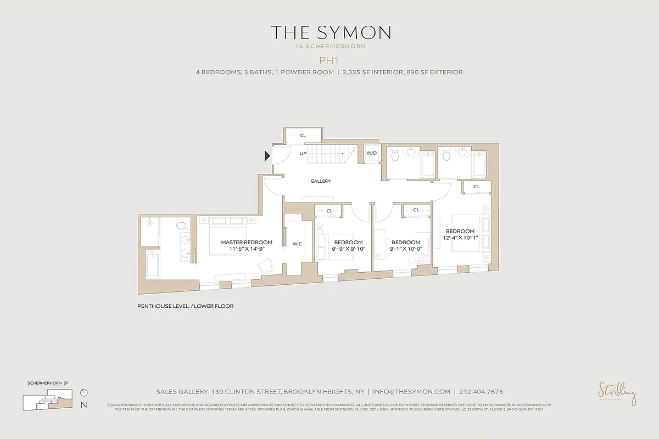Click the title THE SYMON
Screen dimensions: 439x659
tap(331, 32)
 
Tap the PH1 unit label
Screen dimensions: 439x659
tap(330, 60)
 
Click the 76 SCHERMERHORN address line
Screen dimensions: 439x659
tap(330, 47)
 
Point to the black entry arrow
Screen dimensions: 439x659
tap(267, 156)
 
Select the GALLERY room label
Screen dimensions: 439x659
tap(320, 181)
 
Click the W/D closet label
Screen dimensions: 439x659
tap(372, 153)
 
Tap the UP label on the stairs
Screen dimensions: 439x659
tap(303, 154)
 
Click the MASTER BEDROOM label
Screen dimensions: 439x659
tap(247, 242)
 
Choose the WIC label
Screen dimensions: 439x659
tap(298, 244)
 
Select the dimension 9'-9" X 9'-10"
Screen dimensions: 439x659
tap(348, 249)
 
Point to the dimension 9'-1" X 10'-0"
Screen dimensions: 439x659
tap(405, 249)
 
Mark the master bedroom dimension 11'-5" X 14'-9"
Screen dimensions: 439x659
tap(247, 249)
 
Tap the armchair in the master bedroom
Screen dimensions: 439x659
tap(266, 265)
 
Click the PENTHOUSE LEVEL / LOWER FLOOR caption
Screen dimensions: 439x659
tap(185, 306)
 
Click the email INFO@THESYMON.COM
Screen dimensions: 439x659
tap(412, 392)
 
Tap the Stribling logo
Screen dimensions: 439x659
tap(617, 393)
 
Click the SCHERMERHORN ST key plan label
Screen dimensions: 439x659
tap(47, 382)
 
